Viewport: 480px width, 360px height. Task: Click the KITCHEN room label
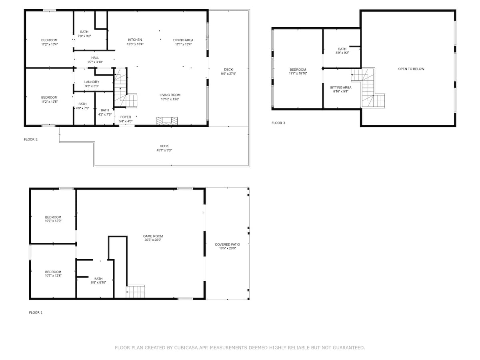[135, 40]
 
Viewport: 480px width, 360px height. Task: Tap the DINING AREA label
[183, 40]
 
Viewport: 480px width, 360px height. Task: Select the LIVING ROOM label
[170, 95]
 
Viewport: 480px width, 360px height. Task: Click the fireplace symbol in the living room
[167, 121]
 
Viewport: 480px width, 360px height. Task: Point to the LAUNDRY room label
[92, 82]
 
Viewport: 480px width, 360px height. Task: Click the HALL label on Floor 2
[95, 58]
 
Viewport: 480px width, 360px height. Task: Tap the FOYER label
[126, 117]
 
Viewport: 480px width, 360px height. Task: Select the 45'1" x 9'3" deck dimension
[164, 150]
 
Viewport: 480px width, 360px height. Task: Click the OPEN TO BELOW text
[411, 69]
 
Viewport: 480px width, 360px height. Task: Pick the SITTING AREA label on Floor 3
[340, 88]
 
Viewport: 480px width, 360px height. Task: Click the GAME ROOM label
[153, 236]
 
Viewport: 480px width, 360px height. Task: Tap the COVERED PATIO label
[227, 244]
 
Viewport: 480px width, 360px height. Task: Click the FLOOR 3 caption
[278, 123]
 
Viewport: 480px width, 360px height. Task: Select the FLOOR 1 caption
[36, 312]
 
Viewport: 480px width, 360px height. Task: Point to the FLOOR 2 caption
[31, 140]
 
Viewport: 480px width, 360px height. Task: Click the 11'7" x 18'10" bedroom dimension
[298, 74]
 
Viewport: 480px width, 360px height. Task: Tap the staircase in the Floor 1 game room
[135, 291]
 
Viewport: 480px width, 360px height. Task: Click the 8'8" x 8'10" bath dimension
[98, 282]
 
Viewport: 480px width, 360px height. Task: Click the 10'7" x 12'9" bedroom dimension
[53, 221]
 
